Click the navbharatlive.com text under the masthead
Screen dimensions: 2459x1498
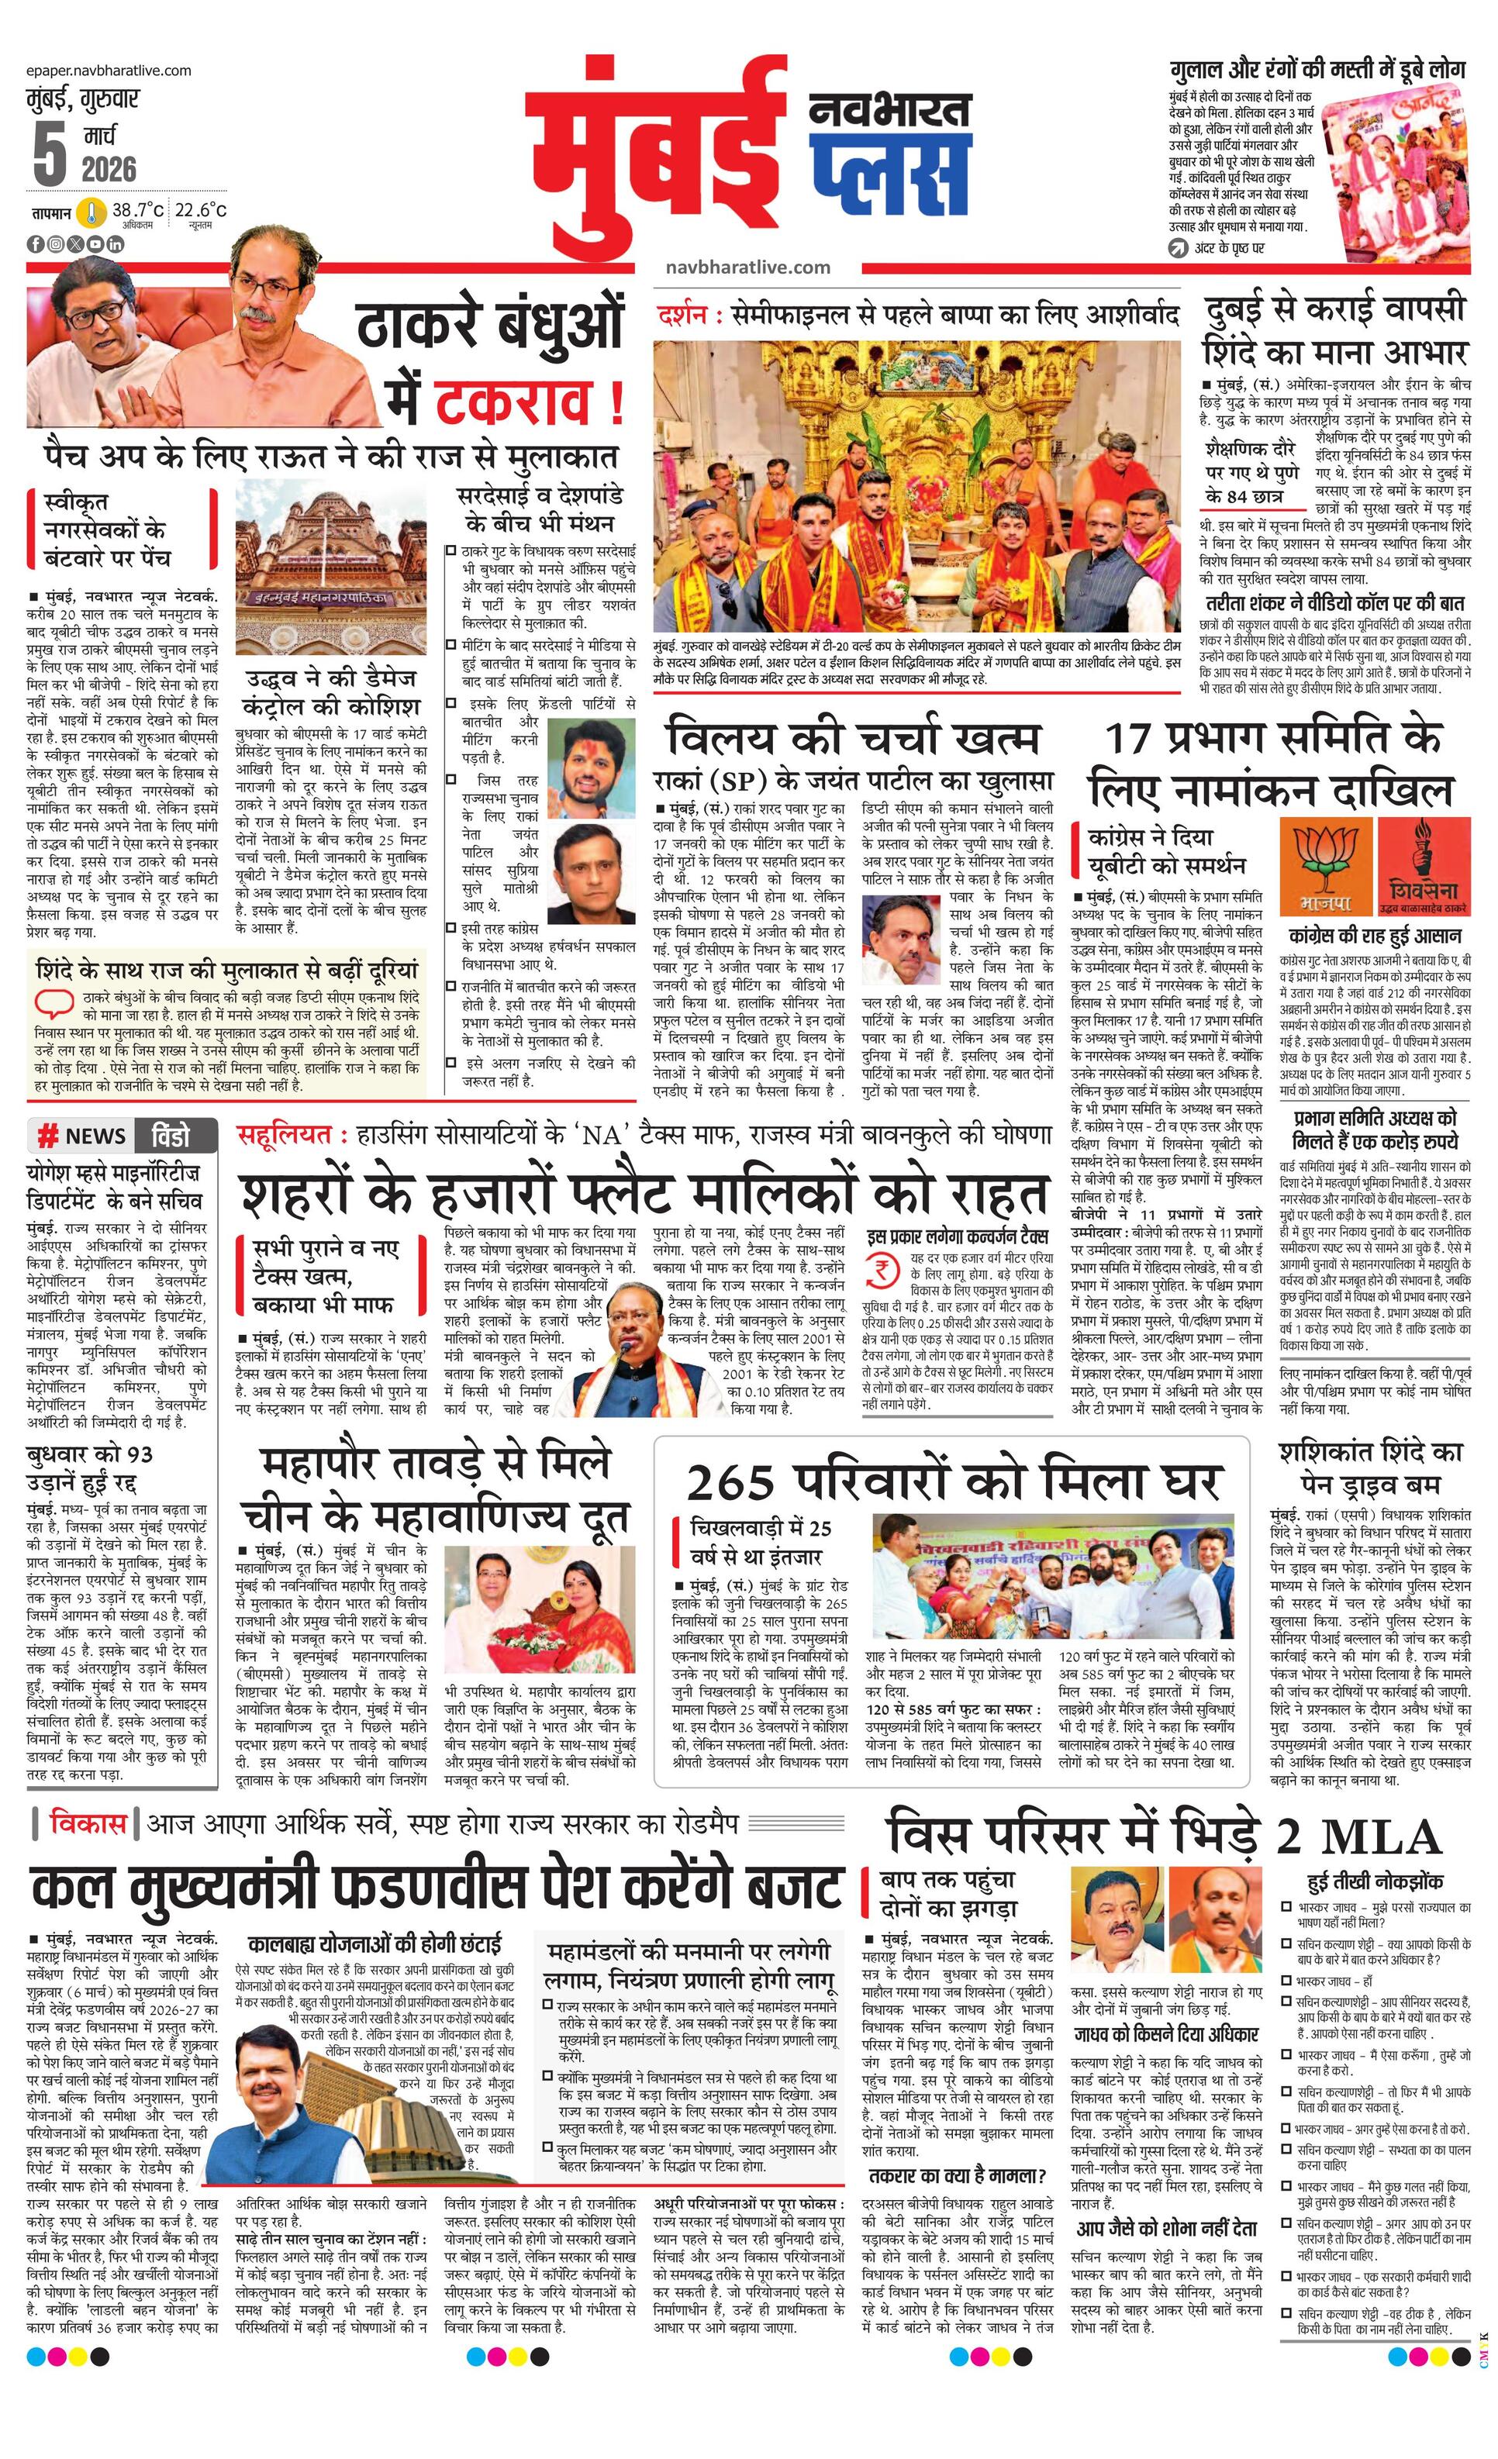coord(747,267)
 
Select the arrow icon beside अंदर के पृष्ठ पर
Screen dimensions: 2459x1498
coord(1179,247)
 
